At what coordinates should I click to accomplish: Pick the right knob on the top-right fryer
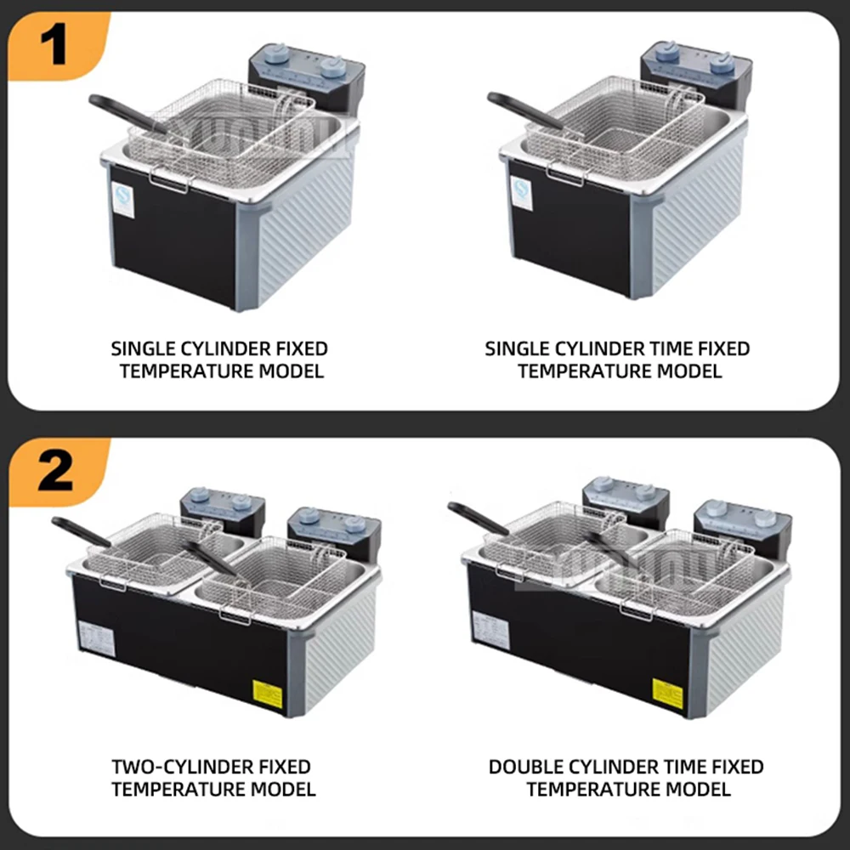[x=725, y=60]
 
